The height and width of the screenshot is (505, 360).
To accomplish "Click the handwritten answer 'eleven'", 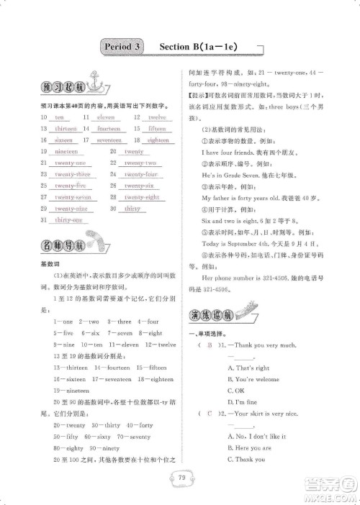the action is [x=106, y=117].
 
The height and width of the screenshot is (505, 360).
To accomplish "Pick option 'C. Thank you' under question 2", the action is [x=246, y=459].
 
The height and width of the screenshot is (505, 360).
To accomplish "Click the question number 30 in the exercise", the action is [x=114, y=209].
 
